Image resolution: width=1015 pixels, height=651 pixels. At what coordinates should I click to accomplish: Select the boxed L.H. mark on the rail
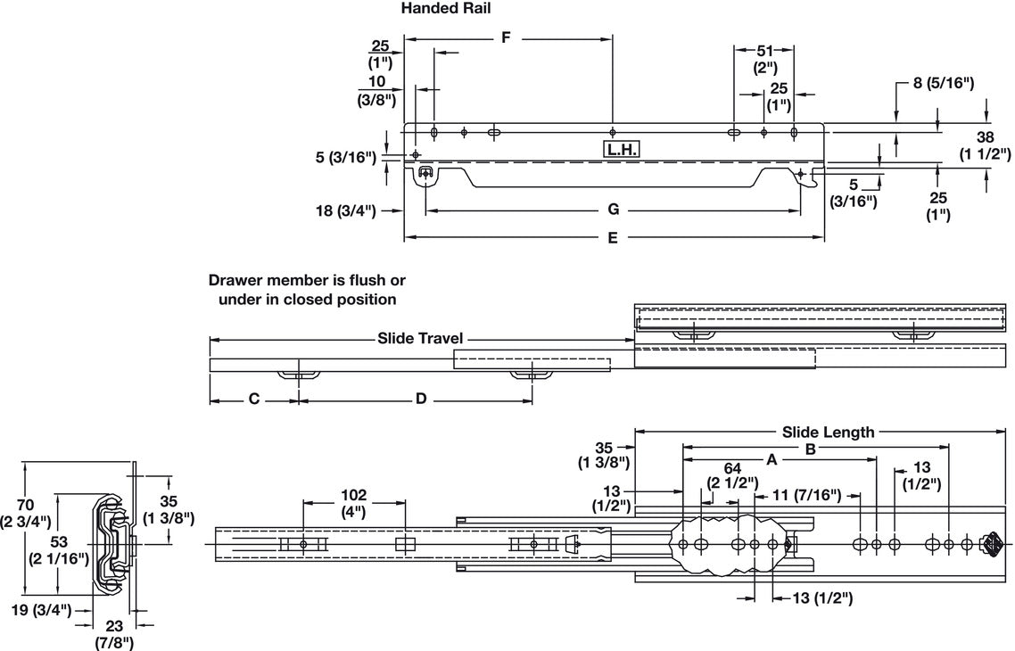pyautogui.click(x=622, y=150)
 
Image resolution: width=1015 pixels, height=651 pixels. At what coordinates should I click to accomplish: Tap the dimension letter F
pyautogui.click(x=507, y=37)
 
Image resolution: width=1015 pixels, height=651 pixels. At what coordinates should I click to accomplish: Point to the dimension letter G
pyautogui.click(x=613, y=210)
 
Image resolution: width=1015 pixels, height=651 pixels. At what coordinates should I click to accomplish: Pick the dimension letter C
pyautogui.click(x=253, y=400)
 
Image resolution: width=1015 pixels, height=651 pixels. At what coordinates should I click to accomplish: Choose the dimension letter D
pyautogui.click(x=420, y=400)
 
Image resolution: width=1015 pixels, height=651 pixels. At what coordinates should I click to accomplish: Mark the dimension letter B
pyautogui.click(x=810, y=449)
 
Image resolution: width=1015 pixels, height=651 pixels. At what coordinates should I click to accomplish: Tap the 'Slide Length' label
pyautogui.click(x=828, y=433)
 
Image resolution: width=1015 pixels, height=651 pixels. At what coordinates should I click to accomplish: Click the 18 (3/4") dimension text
pyautogui.click(x=344, y=211)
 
